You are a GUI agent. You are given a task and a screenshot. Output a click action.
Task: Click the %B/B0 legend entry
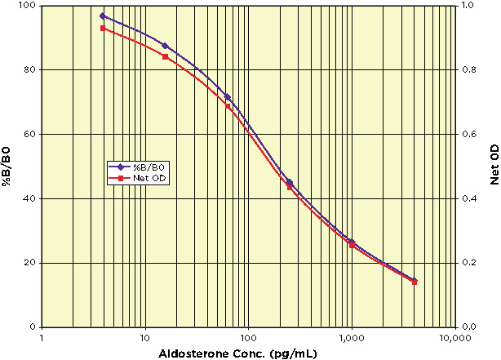click(154, 167)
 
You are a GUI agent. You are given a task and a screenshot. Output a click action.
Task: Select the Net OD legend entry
click(153, 176)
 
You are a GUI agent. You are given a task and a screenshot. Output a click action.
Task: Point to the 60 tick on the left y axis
click(29, 134)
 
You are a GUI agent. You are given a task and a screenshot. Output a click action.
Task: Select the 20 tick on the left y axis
click(29, 263)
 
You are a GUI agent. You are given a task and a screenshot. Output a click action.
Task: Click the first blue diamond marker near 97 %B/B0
click(103, 16)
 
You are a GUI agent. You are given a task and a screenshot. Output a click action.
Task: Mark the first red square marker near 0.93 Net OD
click(103, 28)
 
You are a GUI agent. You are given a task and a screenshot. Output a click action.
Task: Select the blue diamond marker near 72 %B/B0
click(228, 97)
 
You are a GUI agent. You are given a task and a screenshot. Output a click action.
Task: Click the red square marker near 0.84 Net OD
click(165, 56)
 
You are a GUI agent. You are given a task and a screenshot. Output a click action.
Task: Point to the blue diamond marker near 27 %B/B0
click(352, 241)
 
